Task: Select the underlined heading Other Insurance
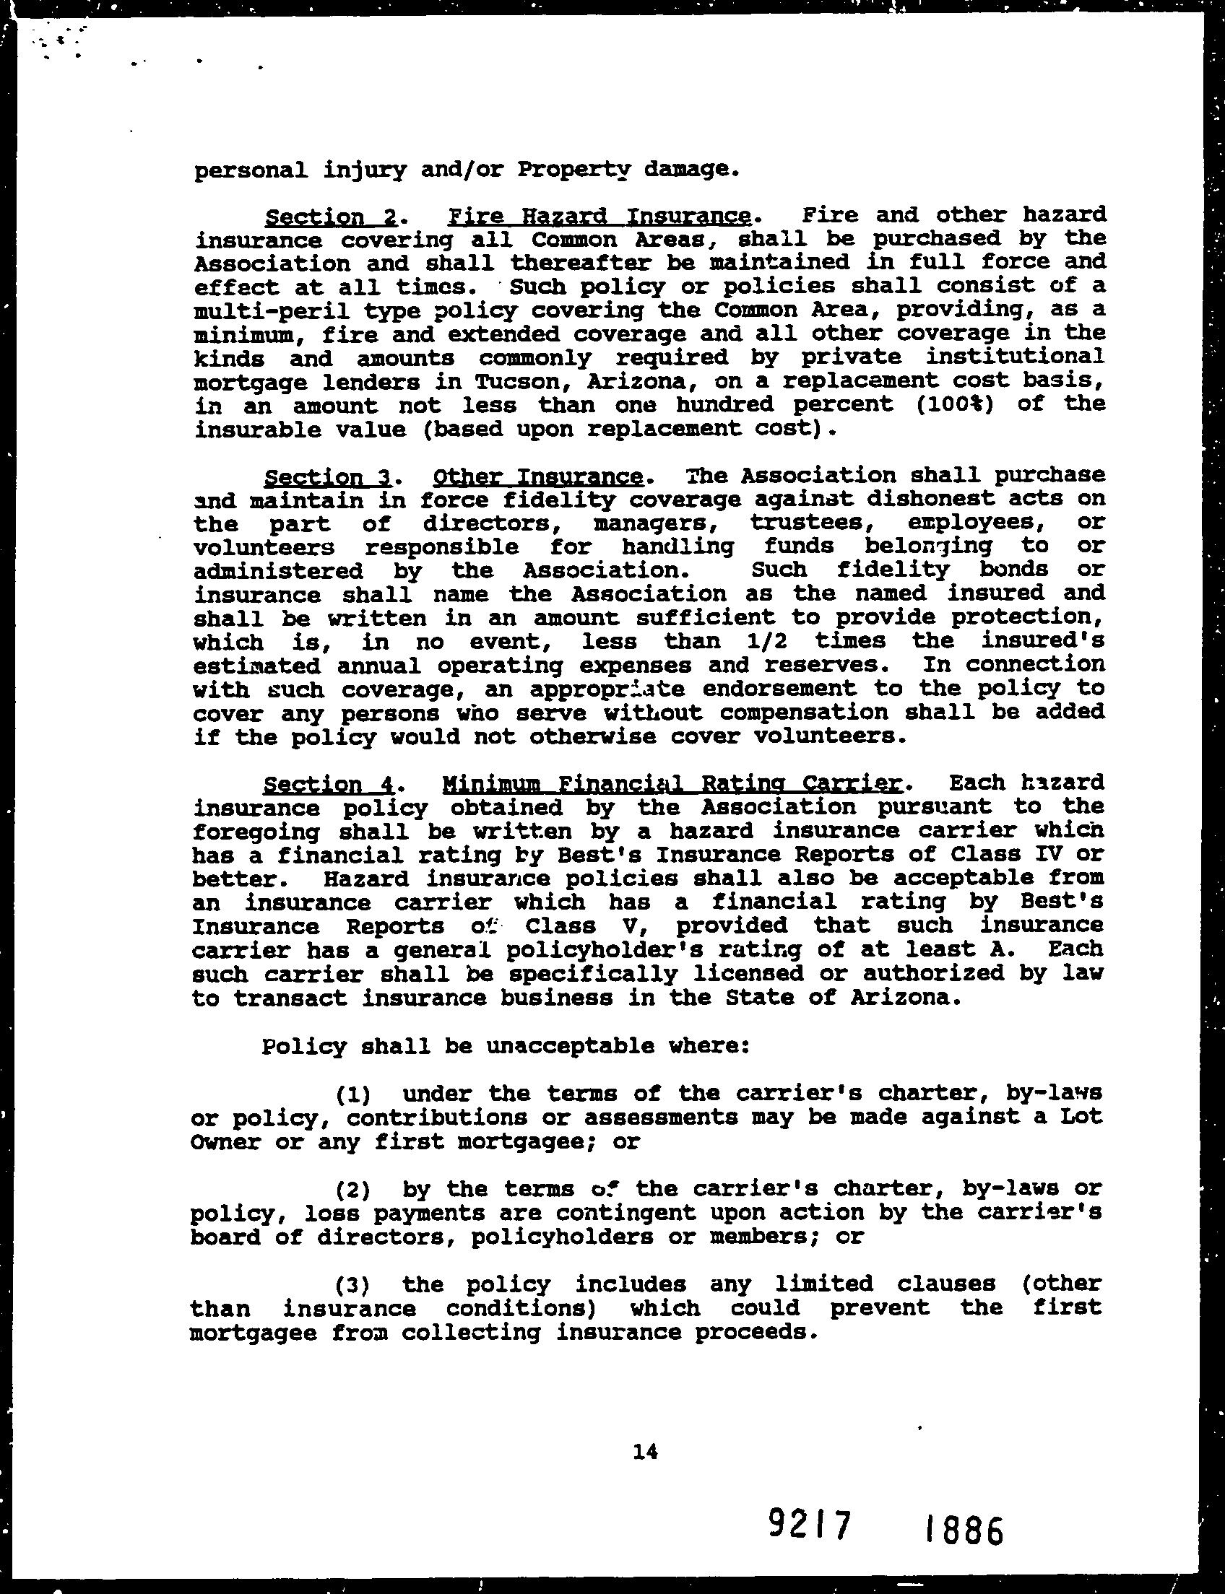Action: point(538,476)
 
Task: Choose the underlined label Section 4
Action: point(328,784)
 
